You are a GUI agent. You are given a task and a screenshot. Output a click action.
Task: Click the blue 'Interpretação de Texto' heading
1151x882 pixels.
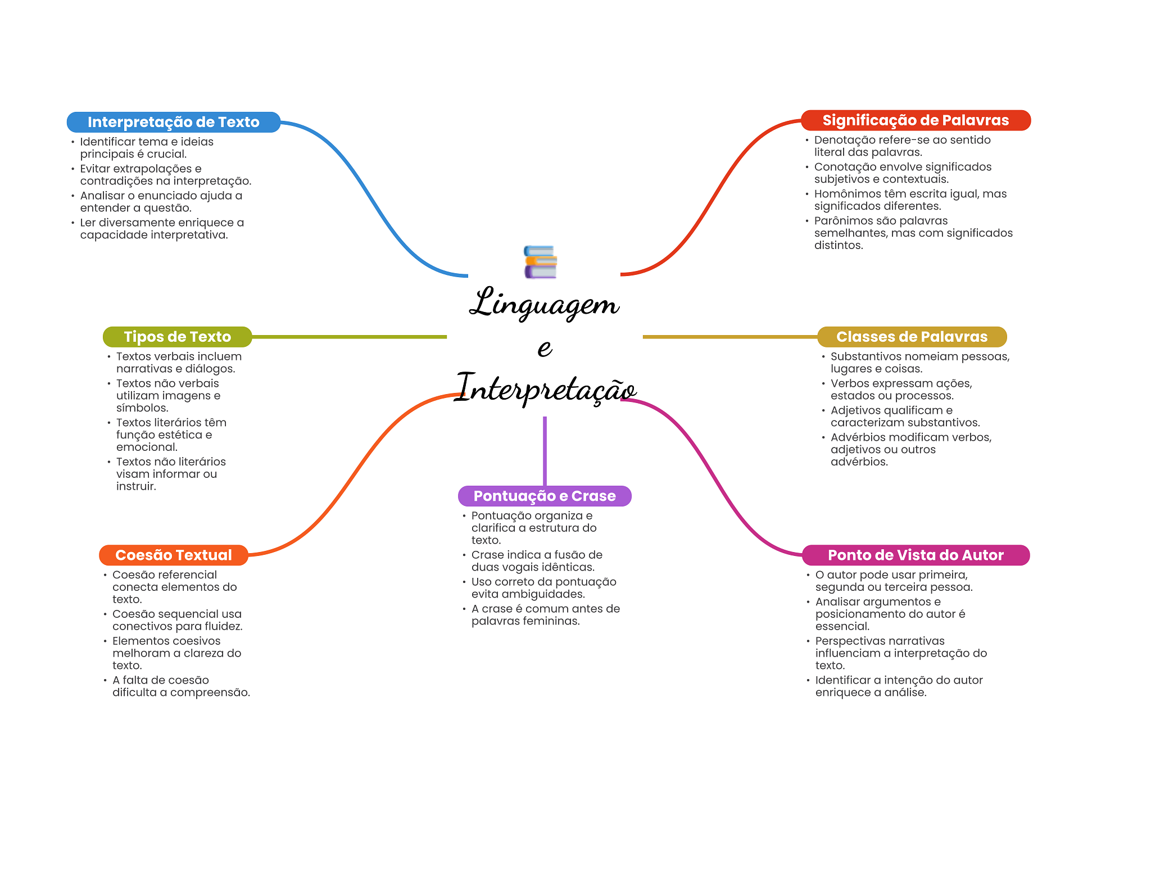[173, 122]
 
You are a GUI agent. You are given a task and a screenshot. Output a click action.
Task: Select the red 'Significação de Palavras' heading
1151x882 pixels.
[916, 120]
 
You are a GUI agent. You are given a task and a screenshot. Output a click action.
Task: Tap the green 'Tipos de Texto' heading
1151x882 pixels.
[177, 337]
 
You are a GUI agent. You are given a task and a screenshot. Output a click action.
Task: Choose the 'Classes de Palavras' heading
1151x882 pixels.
[912, 337]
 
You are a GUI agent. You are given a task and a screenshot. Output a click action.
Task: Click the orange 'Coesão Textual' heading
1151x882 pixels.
[173, 555]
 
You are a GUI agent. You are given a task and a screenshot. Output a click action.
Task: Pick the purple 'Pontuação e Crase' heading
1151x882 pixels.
[545, 496]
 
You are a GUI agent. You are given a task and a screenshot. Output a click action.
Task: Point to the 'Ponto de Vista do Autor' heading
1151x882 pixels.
[916, 555]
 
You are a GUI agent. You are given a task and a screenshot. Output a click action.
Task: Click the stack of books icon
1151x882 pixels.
[540, 262]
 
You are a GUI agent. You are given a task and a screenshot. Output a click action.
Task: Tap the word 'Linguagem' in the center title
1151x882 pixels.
[544, 304]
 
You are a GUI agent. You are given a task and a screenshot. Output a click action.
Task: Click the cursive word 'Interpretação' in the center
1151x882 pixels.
[545, 388]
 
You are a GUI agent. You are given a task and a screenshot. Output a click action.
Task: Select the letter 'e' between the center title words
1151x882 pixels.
[545, 347]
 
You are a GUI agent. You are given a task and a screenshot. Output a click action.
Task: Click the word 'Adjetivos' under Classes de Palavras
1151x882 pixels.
[855, 410]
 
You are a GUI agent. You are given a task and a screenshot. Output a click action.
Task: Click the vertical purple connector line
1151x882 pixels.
[545, 450]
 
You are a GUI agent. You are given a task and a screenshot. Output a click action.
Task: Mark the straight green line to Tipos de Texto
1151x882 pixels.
[348, 337]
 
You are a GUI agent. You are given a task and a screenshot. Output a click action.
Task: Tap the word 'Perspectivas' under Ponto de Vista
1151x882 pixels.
[848, 641]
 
